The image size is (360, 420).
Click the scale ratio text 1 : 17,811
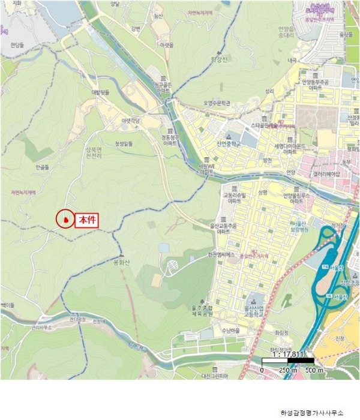coord(289,354)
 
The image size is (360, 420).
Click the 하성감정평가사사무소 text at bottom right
coord(312,413)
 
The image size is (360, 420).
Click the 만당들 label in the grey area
coord(16,45)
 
